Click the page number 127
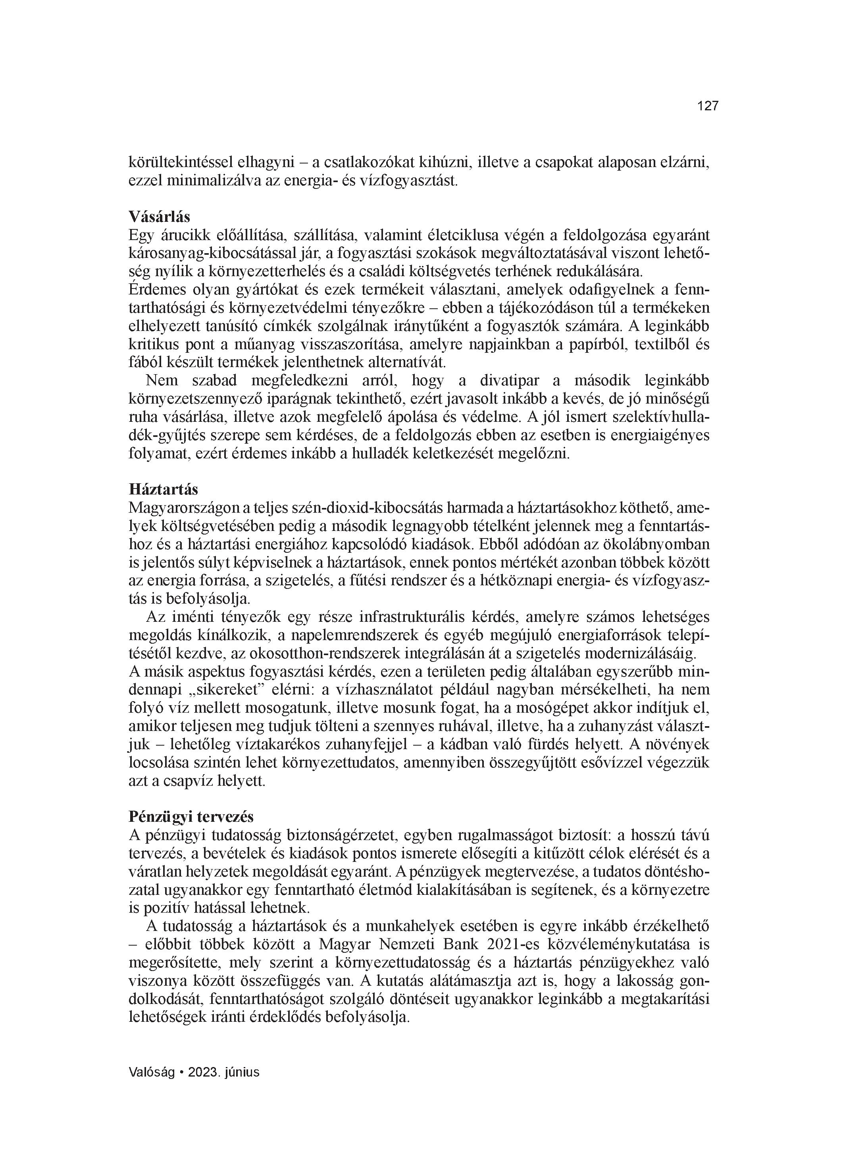pyautogui.click(x=707, y=106)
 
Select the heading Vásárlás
pyautogui.click(x=159, y=216)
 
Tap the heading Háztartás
pyautogui.click(x=163, y=488)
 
